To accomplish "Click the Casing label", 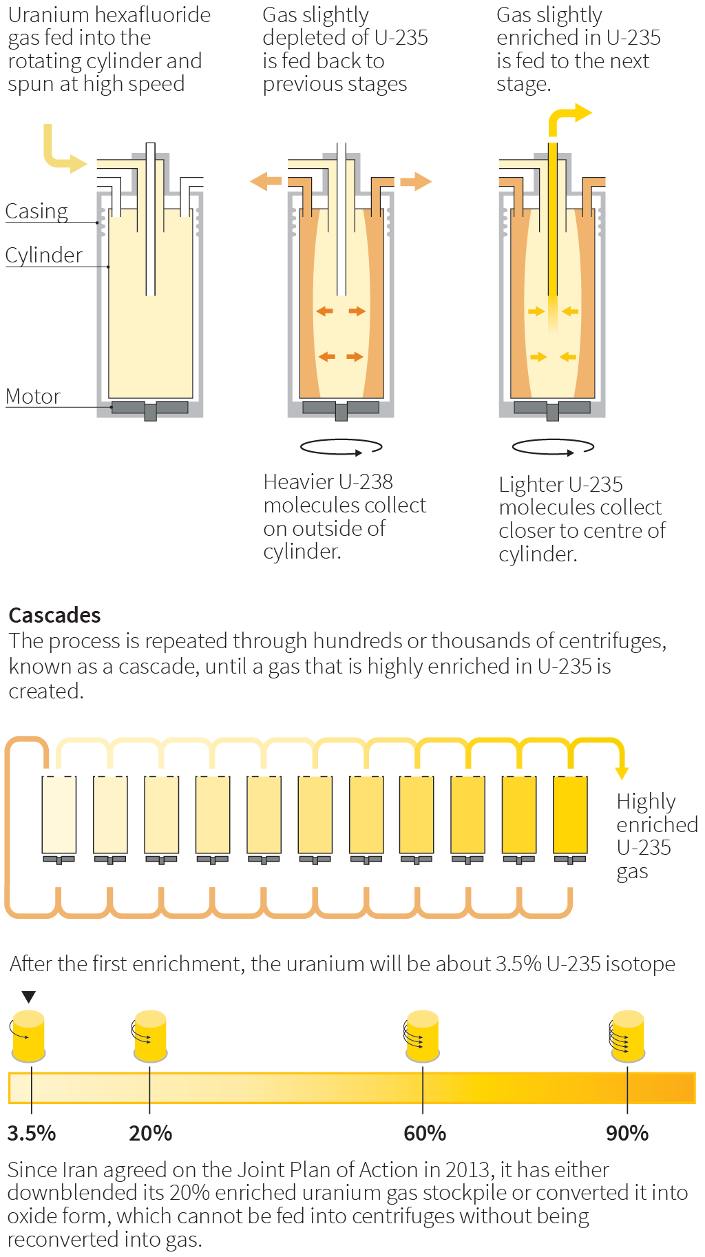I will pyautogui.click(x=36, y=211).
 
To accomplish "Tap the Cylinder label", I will pyautogui.click(x=43, y=255).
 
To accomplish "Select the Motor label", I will pyautogui.click(x=33, y=396).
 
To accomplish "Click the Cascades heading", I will pyautogui.click(x=54, y=614).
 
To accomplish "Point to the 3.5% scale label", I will pyautogui.click(x=31, y=1133).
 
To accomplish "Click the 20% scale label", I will pyautogui.click(x=150, y=1133).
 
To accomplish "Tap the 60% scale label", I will pyautogui.click(x=424, y=1133).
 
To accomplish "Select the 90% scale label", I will pyautogui.click(x=627, y=1133).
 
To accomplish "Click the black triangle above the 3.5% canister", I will pyautogui.click(x=28, y=997).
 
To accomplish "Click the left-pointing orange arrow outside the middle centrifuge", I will pyautogui.click(x=266, y=182).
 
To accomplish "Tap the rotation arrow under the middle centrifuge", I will pyautogui.click(x=341, y=448).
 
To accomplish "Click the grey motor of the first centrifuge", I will pyautogui.click(x=150, y=408).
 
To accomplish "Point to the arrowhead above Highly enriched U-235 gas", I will pyautogui.click(x=622, y=772).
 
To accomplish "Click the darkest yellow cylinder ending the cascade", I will pyautogui.click(x=570, y=815).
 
